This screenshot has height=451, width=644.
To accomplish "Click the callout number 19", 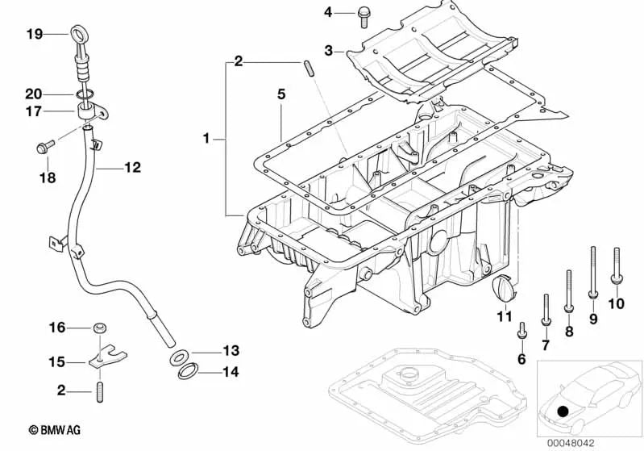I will click(33, 34).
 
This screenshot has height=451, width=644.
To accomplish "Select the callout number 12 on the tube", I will click(132, 168).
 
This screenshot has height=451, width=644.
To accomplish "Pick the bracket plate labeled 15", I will click(98, 360).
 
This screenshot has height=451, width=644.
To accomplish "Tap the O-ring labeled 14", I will click(186, 372).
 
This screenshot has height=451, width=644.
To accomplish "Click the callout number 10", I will click(616, 304).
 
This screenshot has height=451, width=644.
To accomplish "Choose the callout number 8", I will click(569, 331).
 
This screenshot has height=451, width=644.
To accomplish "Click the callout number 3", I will click(329, 51).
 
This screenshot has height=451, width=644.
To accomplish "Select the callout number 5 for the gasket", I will click(281, 94).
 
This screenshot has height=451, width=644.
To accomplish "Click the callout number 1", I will click(206, 139).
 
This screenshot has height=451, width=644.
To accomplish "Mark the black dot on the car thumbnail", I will click(562, 411).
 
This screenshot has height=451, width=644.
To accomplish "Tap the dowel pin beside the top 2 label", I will click(309, 67).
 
